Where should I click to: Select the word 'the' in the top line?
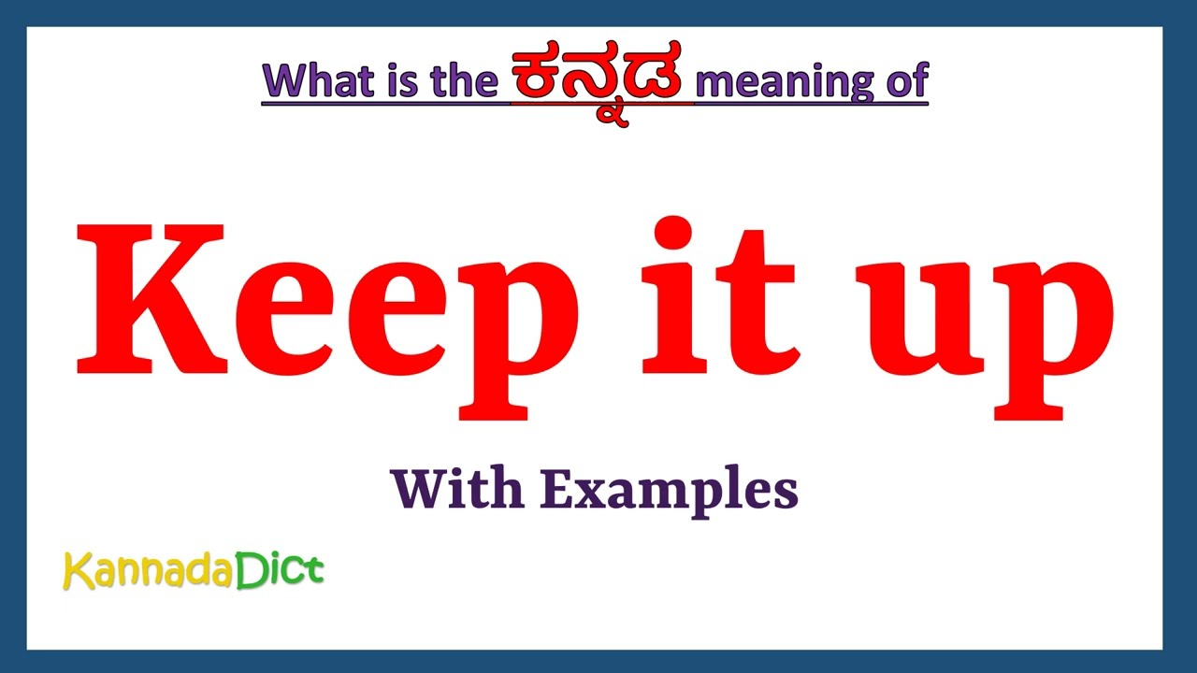pos(464,81)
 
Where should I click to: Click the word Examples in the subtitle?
pos(670,491)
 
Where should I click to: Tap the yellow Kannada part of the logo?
pos(148,571)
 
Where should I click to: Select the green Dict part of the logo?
pos(280,570)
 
